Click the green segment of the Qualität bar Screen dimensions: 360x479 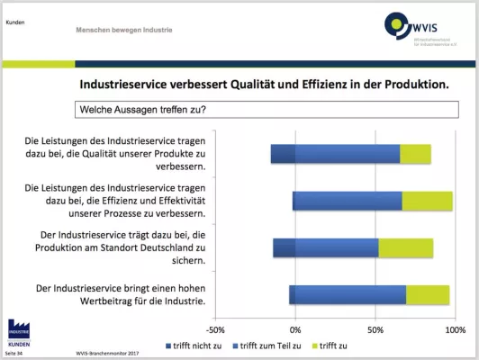coord(415,154)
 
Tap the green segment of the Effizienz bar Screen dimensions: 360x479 coord(427,201)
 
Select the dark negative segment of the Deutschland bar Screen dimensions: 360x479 coord(284,247)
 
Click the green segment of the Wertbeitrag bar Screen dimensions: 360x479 coord(428,294)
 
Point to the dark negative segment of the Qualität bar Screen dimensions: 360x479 coord(283,154)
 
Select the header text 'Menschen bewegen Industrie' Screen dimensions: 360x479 coord(124,30)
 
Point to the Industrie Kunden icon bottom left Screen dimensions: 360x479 coord(19,332)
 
